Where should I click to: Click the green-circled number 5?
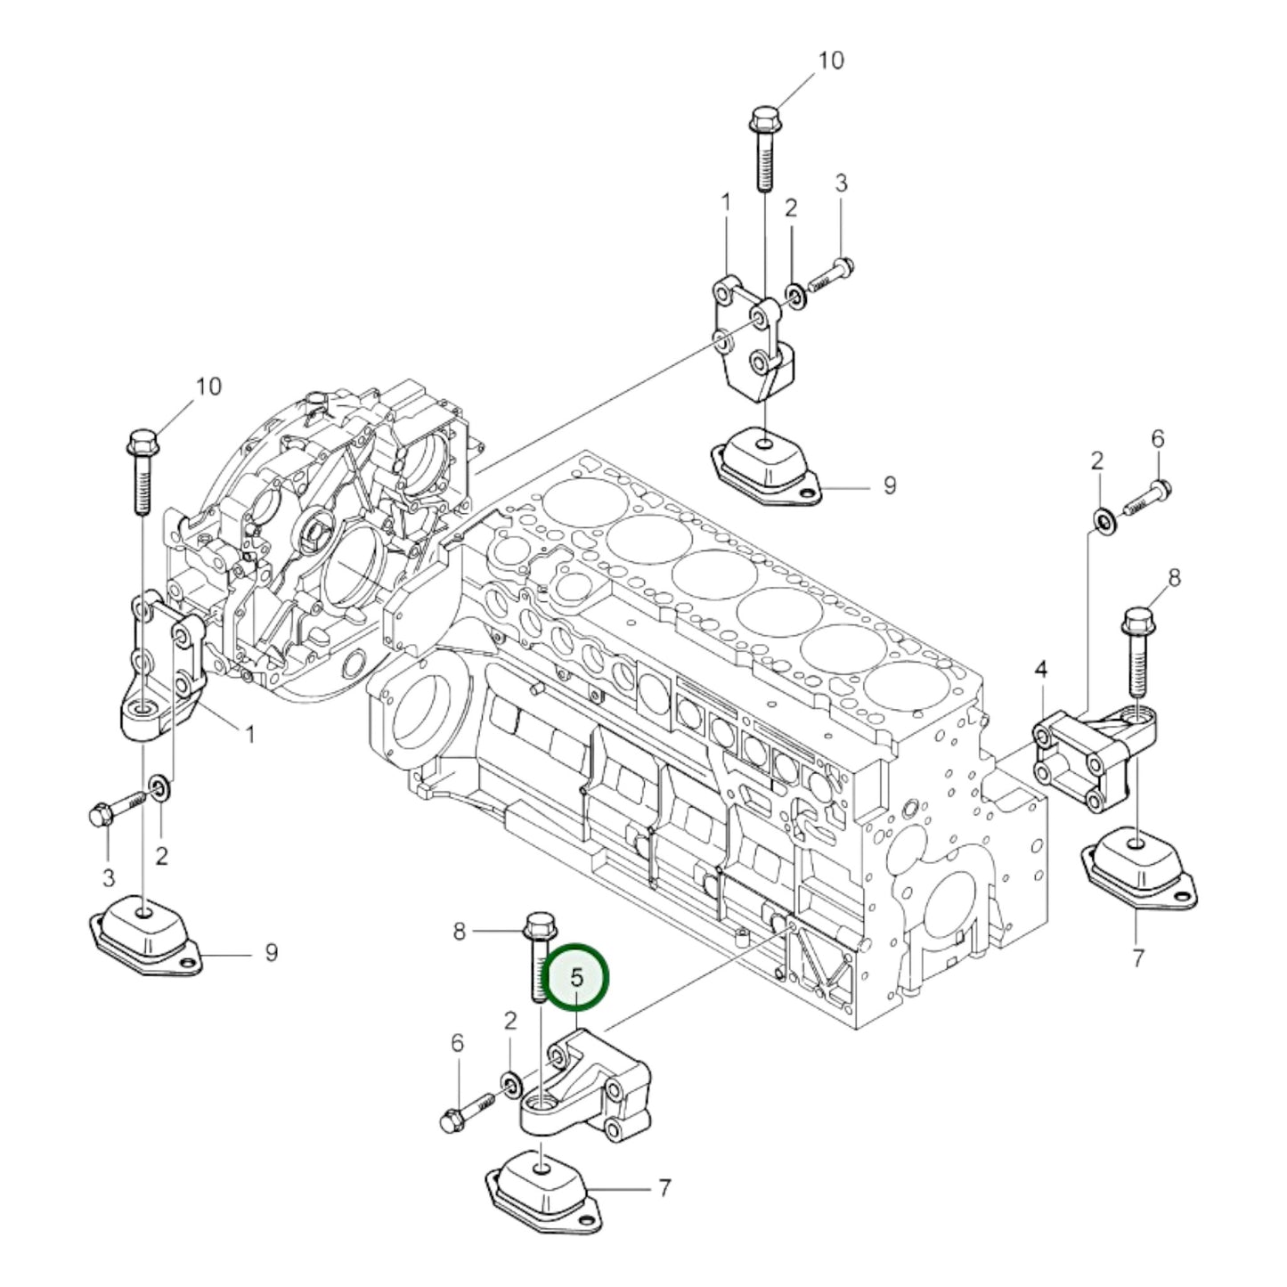click(576, 977)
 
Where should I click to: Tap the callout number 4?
click(1040, 667)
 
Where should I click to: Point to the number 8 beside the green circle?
click(459, 932)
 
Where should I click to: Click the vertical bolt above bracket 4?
click(1139, 650)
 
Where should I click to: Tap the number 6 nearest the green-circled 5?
click(457, 1042)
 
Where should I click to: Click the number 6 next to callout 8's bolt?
click(1157, 438)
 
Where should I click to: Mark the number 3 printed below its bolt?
click(108, 878)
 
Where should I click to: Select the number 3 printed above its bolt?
click(841, 183)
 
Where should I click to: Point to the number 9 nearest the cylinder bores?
click(889, 485)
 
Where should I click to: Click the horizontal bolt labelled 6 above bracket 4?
click(1148, 498)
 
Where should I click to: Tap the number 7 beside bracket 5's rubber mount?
click(664, 1187)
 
